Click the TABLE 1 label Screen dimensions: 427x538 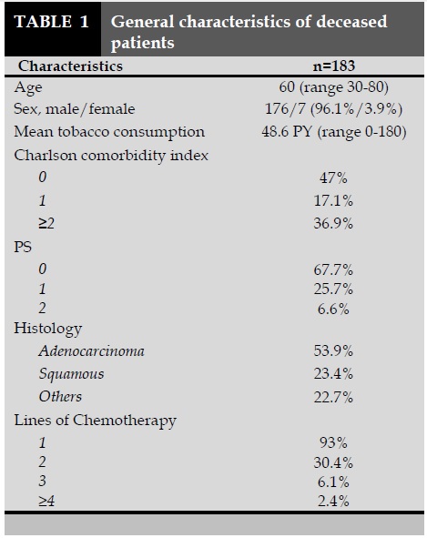tap(52, 22)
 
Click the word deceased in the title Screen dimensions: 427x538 tap(351, 22)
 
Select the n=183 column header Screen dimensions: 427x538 tap(333, 66)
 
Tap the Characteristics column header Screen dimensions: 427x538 tap(70, 66)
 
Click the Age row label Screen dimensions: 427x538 tap(28, 88)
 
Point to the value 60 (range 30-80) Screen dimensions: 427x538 tap(333, 87)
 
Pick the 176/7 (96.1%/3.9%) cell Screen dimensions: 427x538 tap(333, 109)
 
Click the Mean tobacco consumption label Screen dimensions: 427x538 tap(109, 132)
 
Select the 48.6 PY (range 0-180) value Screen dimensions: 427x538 tap(333, 132)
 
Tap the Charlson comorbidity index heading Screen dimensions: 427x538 tap(111, 156)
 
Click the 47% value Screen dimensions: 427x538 tap(333, 178)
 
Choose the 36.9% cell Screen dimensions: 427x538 tap(333, 223)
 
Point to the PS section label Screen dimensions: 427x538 tap(23, 247)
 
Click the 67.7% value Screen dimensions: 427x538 tap(333, 270)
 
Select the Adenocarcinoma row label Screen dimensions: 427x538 tap(92, 351)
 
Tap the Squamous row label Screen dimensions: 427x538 tap(71, 374)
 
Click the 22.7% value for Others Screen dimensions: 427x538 tap(333, 398)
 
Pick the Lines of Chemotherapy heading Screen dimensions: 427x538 tap(95, 421)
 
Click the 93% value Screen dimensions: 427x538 tap(333, 442)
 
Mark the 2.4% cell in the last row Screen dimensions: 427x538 tap(333, 502)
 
